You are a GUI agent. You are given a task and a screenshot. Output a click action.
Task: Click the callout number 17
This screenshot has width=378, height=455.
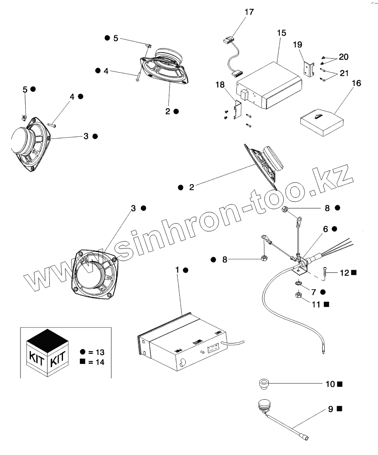coord(249,12)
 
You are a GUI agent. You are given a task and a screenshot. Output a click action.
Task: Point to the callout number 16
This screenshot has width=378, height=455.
coord(356,83)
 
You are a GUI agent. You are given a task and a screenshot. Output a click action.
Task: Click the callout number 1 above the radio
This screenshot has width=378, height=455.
coord(177,270)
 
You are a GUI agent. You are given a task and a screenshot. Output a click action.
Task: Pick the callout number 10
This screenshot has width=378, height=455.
coord(330,384)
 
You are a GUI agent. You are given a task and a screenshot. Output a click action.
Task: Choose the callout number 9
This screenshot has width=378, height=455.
coord(330,409)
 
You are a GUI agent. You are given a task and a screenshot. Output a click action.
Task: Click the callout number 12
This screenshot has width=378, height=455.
coord(344,273)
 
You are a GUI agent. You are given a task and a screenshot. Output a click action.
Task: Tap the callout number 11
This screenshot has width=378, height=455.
coord(316,305)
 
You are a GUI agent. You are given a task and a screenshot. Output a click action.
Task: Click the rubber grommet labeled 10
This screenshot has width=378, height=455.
coord(263,384)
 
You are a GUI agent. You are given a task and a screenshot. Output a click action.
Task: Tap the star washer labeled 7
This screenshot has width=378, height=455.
coord(298,284)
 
